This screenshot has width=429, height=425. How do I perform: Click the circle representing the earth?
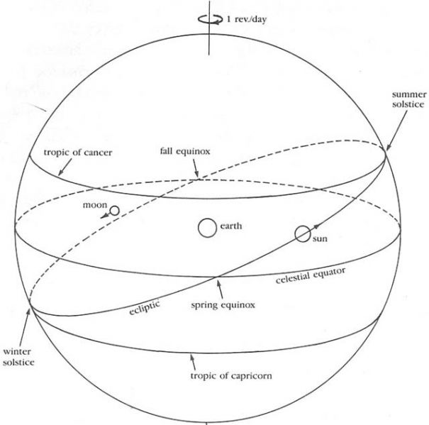(x=207, y=228)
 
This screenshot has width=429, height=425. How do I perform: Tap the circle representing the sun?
(x=303, y=233)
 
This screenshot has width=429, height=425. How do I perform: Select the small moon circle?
(x=113, y=211)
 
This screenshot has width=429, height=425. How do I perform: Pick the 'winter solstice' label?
(x=18, y=356)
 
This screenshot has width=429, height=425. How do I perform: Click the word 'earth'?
(x=232, y=226)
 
